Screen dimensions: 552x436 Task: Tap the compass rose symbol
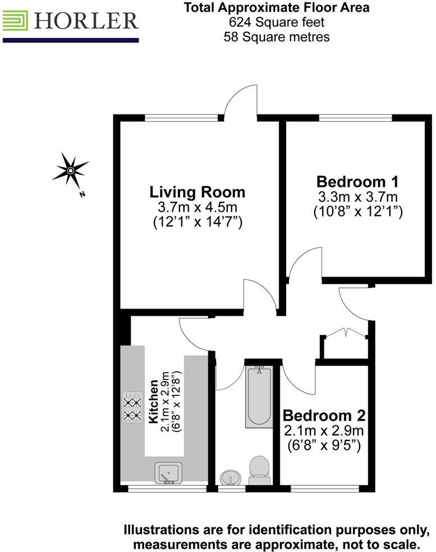[70, 169]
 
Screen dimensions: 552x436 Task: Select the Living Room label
[197, 192]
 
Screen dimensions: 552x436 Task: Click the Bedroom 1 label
[357, 182]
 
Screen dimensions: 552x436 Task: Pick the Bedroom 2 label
[324, 416]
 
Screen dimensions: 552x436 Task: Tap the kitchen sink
[167, 473]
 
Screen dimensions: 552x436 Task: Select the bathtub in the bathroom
[259, 395]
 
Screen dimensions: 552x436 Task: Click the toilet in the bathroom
[259, 470]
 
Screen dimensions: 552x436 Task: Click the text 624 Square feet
[277, 22]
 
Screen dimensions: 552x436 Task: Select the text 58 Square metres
[277, 37]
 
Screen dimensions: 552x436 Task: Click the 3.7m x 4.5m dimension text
[197, 208]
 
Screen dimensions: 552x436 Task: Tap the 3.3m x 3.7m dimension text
[357, 197]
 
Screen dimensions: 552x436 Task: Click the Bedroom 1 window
[355, 118]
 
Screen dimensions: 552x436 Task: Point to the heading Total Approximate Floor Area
[277, 8]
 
